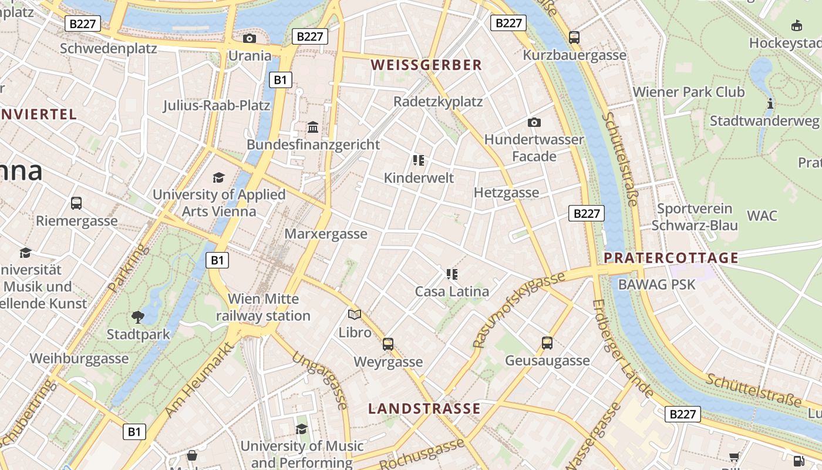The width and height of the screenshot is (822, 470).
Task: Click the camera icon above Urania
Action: pos(249,39)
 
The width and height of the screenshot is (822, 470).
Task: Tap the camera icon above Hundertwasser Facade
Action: pos(534,122)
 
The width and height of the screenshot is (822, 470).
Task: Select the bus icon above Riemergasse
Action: pos(76,203)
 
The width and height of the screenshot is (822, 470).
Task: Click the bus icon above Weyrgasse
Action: pos(388,344)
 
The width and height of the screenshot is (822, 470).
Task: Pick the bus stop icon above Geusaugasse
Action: pos(547,343)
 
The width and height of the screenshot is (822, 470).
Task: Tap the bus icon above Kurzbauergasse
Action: pos(574,38)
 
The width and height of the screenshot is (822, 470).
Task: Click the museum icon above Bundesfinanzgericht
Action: pos(313,127)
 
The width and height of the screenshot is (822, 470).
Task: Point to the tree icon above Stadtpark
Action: pos(138,317)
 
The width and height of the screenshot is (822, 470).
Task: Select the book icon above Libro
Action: pos(355,315)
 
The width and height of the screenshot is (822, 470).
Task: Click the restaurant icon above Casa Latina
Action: pos(452,274)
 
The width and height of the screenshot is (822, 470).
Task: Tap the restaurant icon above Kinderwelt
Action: pos(418,160)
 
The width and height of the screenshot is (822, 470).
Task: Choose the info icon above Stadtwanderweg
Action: pos(770,104)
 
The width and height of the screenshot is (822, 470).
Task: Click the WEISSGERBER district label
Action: pos(426,65)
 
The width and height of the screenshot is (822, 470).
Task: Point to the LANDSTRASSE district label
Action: pos(424,408)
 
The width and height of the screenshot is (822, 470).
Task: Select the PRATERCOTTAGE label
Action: pos(671,258)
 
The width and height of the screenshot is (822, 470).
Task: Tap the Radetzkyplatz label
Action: pos(438,102)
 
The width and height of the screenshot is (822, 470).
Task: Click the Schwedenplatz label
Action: pos(109,48)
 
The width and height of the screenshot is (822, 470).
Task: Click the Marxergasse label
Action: pos(326,234)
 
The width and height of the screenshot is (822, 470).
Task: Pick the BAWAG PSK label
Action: pos(657,285)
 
